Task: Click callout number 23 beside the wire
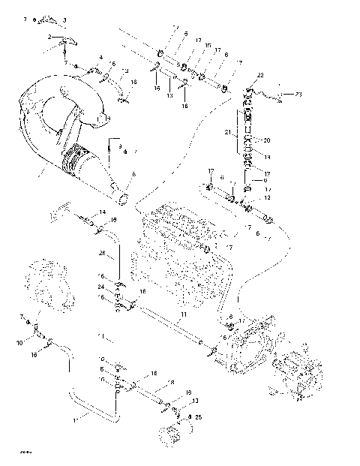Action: coord(298,95)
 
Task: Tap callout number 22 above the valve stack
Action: coord(260,77)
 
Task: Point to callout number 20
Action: coord(266,140)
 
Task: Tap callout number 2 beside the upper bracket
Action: coord(49,36)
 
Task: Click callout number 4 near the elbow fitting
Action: coord(101,57)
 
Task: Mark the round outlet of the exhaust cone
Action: coord(123,200)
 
